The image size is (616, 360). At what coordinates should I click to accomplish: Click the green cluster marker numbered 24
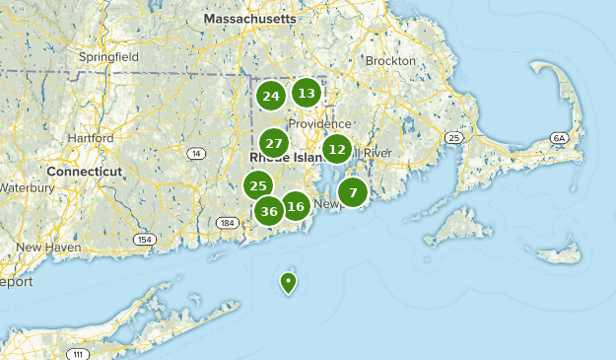271,96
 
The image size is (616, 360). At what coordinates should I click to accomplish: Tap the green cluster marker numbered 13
307,94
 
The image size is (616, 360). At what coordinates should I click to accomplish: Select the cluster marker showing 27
274,143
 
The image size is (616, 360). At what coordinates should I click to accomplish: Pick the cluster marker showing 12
337,150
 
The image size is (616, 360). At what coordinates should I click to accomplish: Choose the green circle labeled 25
258,184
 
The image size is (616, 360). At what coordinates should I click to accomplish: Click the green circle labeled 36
269,210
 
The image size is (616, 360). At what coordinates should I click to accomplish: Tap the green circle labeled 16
295,206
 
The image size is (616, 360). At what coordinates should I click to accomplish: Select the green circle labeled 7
353,191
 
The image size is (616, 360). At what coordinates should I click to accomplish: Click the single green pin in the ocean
288,283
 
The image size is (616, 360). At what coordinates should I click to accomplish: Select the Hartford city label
90,138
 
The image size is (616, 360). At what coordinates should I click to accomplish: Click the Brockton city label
390,60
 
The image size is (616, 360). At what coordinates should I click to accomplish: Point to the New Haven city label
47,247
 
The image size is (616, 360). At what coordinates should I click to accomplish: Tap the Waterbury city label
27,186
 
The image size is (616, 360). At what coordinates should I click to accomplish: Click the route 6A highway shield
560,137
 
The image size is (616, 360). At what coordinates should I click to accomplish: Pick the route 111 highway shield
77,353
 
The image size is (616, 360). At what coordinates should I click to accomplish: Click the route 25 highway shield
453,137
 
